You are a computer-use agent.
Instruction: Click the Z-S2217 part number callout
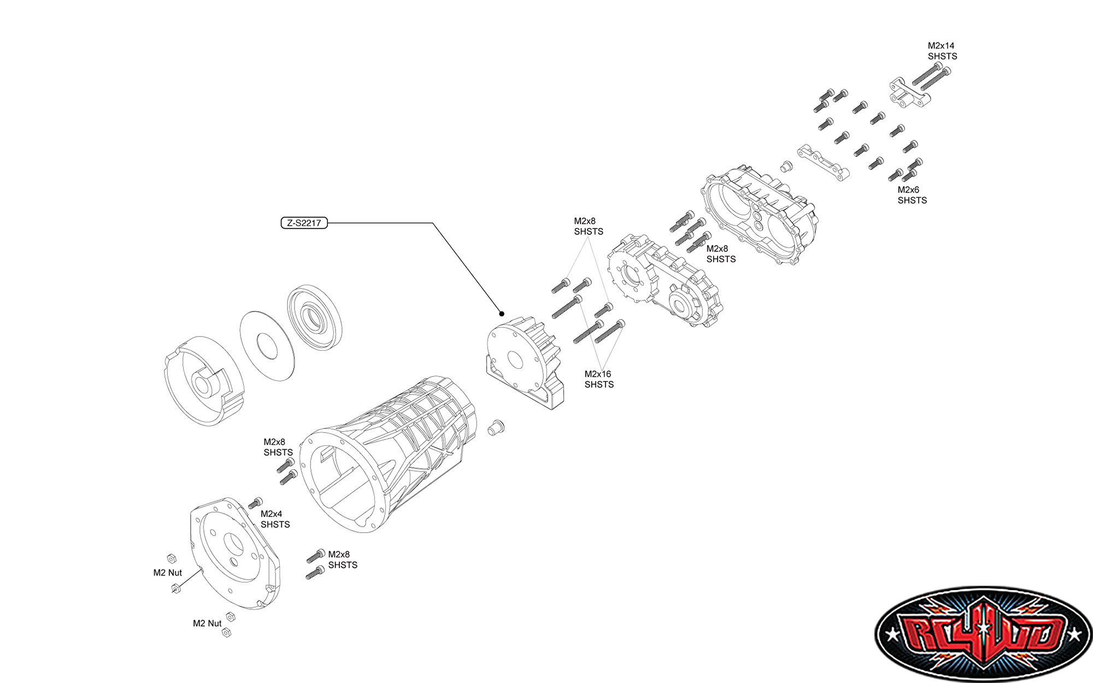304,223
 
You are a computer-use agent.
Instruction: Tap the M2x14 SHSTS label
942,51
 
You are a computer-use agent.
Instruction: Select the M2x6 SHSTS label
912,195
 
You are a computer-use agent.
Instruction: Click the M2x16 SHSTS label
598,379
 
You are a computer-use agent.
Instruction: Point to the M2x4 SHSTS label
275,519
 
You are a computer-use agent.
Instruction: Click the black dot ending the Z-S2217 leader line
502,314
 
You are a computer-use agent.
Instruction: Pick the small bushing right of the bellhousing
496,427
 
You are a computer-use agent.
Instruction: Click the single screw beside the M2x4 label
255,502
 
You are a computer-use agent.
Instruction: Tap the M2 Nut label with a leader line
167,573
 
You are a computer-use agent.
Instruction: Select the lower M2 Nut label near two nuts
207,623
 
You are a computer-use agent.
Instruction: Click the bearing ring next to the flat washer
315,317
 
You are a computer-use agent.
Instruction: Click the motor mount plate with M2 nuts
235,552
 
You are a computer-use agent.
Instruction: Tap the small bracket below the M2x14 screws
909,93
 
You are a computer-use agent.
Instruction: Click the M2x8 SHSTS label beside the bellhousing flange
278,447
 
